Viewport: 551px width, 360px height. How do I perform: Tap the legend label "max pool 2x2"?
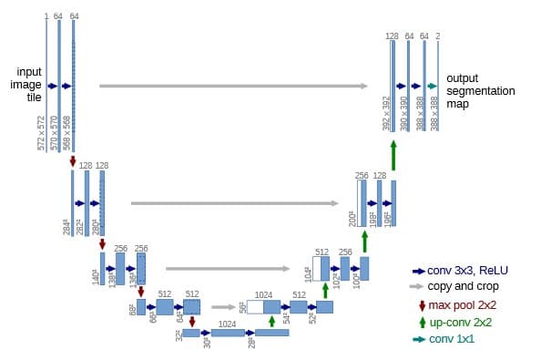(x=463, y=305)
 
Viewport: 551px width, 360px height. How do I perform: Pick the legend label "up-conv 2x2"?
(x=462, y=322)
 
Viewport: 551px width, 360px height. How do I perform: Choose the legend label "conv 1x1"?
(x=452, y=339)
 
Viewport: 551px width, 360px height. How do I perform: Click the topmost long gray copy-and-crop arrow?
(x=233, y=86)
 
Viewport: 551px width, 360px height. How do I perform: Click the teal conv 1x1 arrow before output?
(x=433, y=86)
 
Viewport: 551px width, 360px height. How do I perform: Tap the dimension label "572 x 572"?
(x=41, y=133)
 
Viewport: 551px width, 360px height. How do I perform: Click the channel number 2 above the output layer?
(x=438, y=36)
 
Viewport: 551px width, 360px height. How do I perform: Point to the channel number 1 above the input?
(x=45, y=16)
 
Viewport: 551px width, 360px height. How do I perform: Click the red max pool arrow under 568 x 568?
(x=73, y=160)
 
